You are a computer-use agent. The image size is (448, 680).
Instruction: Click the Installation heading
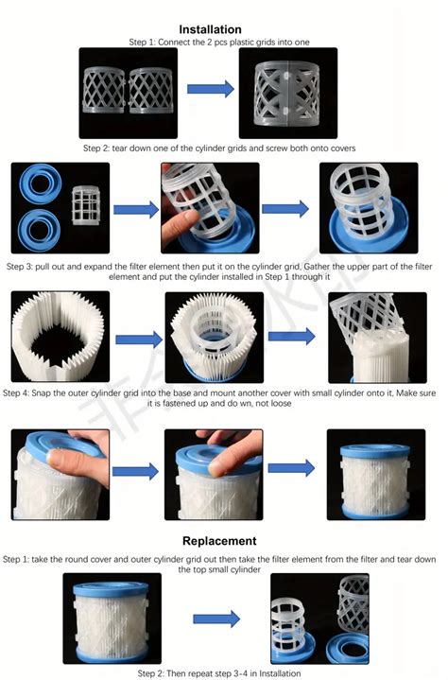223,29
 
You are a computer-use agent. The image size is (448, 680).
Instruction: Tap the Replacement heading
219,541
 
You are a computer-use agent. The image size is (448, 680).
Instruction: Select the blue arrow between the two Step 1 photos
209,90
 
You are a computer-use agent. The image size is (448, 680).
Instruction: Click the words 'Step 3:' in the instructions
22,268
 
